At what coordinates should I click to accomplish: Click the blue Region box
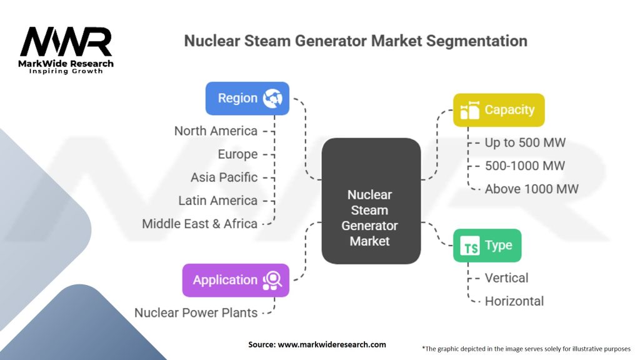coord(247,98)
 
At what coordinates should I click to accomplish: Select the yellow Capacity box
coord(499,110)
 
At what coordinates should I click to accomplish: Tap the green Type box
coord(487,246)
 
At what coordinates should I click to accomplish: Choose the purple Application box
coord(235,280)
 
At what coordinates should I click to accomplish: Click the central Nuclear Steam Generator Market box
coord(370,218)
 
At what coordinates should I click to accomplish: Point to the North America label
coord(216,131)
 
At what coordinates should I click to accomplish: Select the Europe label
coord(237,154)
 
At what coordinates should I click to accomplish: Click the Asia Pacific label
coord(224,177)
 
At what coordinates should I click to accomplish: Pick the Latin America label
coord(217,200)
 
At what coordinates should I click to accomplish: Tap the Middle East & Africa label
coord(199,223)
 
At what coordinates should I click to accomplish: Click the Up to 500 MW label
coord(525,142)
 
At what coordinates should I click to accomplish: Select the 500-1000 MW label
coord(524,166)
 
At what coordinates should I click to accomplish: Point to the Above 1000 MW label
coord(531,189)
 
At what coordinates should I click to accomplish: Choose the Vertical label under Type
coord(506,277)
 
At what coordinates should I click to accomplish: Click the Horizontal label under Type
coord(514,301)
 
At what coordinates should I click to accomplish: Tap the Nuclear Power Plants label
coord(196,312)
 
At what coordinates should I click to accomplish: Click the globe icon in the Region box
coord(273,98)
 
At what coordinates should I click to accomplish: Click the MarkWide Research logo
coord(66,50)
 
